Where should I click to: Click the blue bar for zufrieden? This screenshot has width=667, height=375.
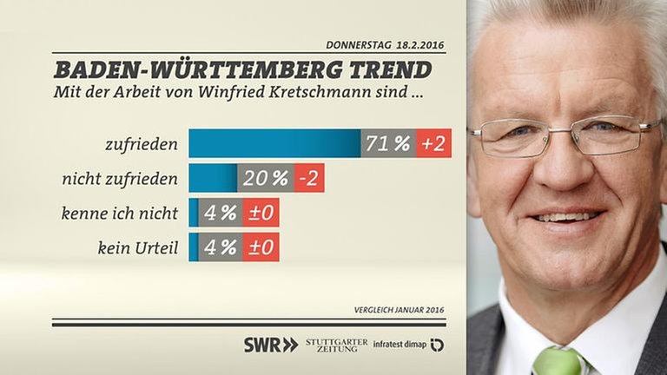pos(274,143)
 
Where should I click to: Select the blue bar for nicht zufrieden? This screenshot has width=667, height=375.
pos(213,178)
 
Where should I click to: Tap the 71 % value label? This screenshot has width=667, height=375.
pos(388,143)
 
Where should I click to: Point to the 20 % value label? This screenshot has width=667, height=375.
pos(266,178)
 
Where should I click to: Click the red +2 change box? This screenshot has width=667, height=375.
pos(433,143)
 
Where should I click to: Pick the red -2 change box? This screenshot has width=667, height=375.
pos(308,178)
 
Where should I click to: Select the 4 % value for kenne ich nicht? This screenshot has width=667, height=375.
pos(221,213)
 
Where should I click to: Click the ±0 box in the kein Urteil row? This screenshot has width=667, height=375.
pos(261,247)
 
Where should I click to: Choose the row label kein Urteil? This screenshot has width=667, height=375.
pos(139,247)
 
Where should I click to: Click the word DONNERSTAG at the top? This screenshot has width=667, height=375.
pos(359,44)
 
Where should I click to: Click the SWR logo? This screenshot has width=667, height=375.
pos(270,345)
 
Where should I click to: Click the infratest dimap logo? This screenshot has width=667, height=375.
pos(407,345)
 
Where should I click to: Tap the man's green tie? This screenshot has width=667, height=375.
pos(556,360)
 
